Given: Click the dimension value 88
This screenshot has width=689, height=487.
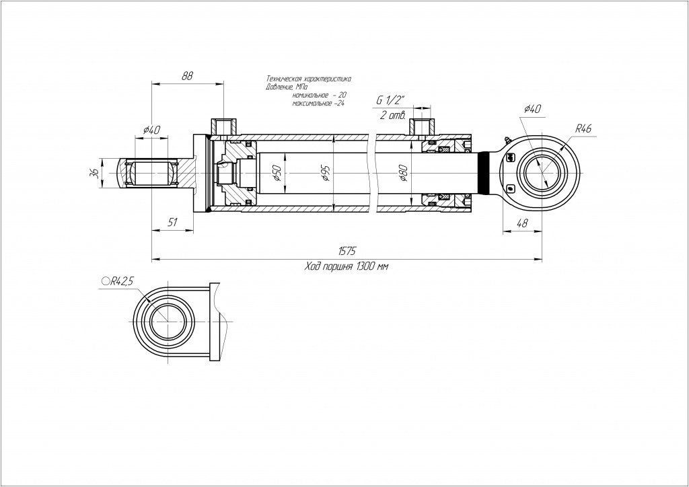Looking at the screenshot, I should pos(187,76).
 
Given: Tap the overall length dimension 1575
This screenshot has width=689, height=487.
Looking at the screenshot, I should pos(347,250).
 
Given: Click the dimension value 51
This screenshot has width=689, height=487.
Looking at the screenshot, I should pos(172,223).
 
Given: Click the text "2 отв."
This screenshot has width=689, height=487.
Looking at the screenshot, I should pos(392,115).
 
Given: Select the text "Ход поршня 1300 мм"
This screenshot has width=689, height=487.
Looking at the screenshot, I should pos(347,266).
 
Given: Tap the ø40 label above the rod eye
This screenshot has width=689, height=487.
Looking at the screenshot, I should pos(532,109).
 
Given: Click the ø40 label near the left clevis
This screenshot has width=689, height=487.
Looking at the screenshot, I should pos(152,130).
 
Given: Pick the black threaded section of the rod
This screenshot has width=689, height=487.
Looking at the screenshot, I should pos(486,173).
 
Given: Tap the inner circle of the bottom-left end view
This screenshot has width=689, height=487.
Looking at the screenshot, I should pos(166,322).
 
